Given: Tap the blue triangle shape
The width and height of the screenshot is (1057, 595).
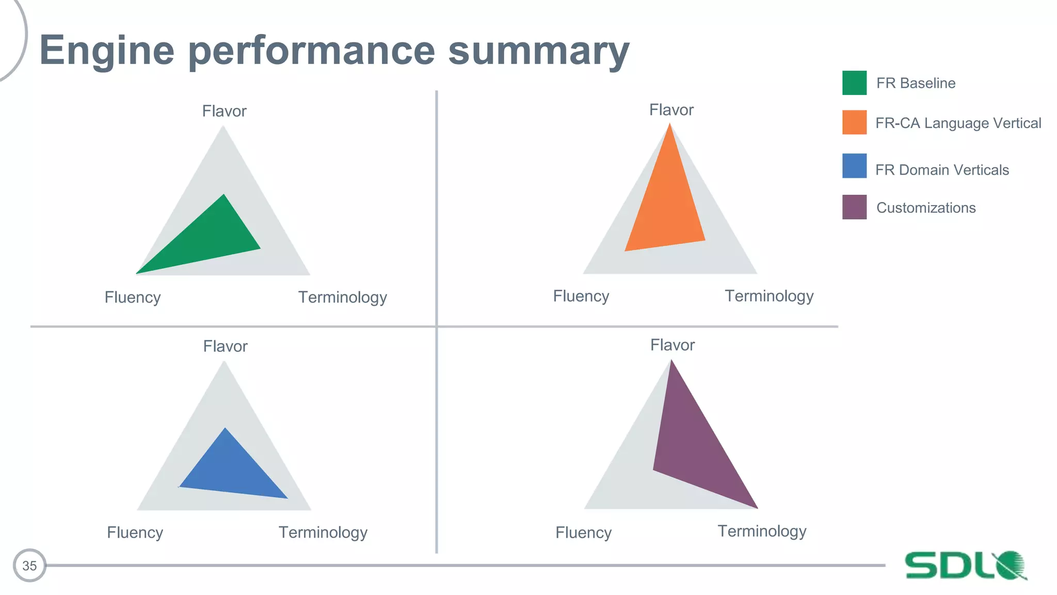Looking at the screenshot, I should (x=230, y=470).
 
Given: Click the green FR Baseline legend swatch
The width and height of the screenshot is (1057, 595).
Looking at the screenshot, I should (x=854, y=83).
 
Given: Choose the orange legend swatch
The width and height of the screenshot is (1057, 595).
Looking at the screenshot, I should (x=854, y=122).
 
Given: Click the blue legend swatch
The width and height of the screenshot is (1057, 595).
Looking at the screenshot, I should (x=854, y=166).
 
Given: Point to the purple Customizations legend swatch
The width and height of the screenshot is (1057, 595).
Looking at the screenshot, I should (x=854, y=207).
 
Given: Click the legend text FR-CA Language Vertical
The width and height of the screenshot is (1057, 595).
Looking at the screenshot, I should (x=958, y=123).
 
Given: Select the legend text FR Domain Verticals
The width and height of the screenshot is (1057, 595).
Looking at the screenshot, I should (x=942, y=170).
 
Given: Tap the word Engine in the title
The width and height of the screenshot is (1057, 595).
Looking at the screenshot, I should (x=107, y=51).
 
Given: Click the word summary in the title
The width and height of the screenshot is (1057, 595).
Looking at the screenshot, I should (x=539, y=51).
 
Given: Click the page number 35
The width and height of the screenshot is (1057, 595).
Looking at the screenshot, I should (x=29, y=566).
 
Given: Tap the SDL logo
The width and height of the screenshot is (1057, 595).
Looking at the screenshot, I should (x=965, y=565).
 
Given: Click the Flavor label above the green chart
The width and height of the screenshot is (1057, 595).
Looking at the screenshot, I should (x=224, y=111).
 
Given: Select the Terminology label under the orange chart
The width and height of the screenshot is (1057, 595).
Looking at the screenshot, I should (x=769, y=296).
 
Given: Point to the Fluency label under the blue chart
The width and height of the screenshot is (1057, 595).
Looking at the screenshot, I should (x=135, y=533).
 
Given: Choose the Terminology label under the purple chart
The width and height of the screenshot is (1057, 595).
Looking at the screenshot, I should (x=762, y=531).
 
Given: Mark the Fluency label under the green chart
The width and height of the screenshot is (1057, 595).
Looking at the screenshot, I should (x=133, y=297).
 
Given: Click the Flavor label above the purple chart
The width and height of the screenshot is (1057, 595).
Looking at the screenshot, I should (x=672, y=345).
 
